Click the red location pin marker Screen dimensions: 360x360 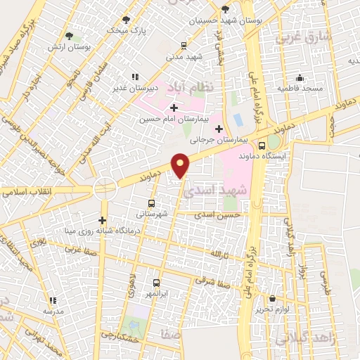tap(181, 165)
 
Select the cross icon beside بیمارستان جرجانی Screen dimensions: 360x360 tap(219, 129)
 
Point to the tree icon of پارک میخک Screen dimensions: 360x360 tap(126, 20)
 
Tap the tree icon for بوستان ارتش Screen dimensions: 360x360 tap(69, 36)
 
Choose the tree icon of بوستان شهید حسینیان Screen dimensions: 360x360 tap(224, 10)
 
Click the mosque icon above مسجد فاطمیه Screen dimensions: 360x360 tap(300, 77)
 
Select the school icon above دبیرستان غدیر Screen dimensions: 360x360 tap(134, 77)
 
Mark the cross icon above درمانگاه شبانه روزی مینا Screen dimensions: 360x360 tap(103, 220)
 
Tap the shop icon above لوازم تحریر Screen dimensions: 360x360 tap(272, 298)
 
